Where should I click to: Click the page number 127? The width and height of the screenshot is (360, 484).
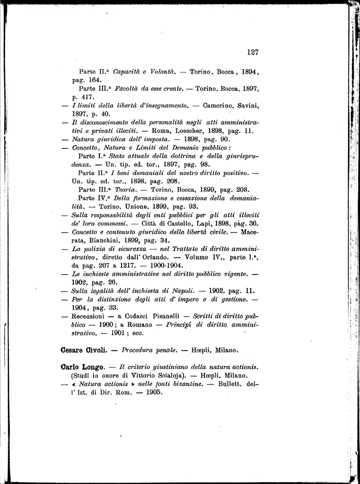point(253,52)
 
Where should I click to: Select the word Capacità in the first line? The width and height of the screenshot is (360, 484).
point(128,72)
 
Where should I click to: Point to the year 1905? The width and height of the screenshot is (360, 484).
point(153,393)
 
